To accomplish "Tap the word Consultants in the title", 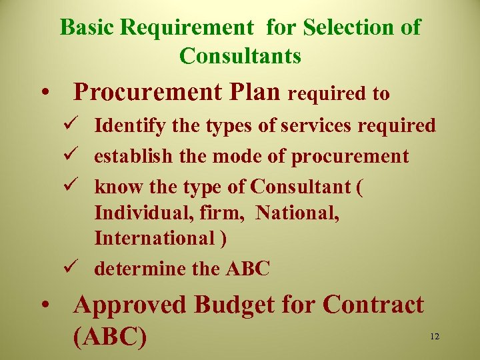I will [240, 56].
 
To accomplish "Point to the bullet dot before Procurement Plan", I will [43, 93].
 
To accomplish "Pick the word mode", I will [234, 156].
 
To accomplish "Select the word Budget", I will [234, 305].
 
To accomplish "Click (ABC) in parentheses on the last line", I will [111, 337].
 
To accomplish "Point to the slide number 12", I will [435, 337].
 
